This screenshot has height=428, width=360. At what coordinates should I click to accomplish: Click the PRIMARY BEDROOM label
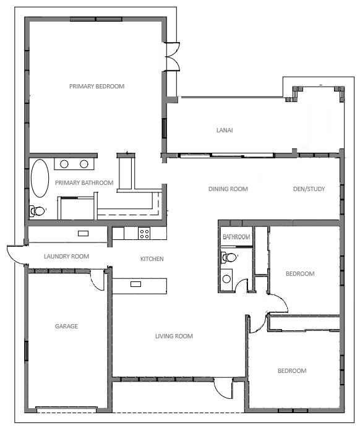[x=96, y=86]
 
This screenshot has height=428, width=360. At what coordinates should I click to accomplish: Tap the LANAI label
[x=225, y=131]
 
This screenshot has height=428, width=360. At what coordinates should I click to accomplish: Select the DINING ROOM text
[x=228, y=189]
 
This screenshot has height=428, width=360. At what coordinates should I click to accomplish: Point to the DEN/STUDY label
[x=309, y=189]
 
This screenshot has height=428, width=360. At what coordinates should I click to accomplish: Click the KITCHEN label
[x=152, y=259]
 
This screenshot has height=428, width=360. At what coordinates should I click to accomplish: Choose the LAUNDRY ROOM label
[x=66, y=256]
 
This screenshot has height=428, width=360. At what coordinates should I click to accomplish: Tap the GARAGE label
[x=66, y=326]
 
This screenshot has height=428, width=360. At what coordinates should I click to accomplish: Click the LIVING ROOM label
[x=174, y=336]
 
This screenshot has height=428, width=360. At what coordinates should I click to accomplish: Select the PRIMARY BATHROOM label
[x=84, y=182]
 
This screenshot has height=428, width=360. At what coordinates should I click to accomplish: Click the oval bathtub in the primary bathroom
[x=40, y=178]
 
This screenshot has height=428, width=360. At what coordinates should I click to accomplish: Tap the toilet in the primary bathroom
[x=37, y=211]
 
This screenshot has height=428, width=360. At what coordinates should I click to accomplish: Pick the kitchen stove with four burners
[x=144, y=233]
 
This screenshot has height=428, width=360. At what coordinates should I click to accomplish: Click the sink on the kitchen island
[x=135, y=284]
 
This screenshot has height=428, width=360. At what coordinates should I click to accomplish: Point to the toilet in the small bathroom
[x=229, y=257]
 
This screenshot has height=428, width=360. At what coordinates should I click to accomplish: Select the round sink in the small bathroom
[x=226, y=279]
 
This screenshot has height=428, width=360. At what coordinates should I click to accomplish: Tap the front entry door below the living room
[x=223, y=388]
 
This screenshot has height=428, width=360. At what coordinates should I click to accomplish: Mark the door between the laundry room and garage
[x=97, y=280]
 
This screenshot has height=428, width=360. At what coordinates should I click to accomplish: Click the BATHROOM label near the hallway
[x=236, y=237]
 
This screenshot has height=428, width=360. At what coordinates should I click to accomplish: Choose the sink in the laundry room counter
[x=83, y=233]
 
